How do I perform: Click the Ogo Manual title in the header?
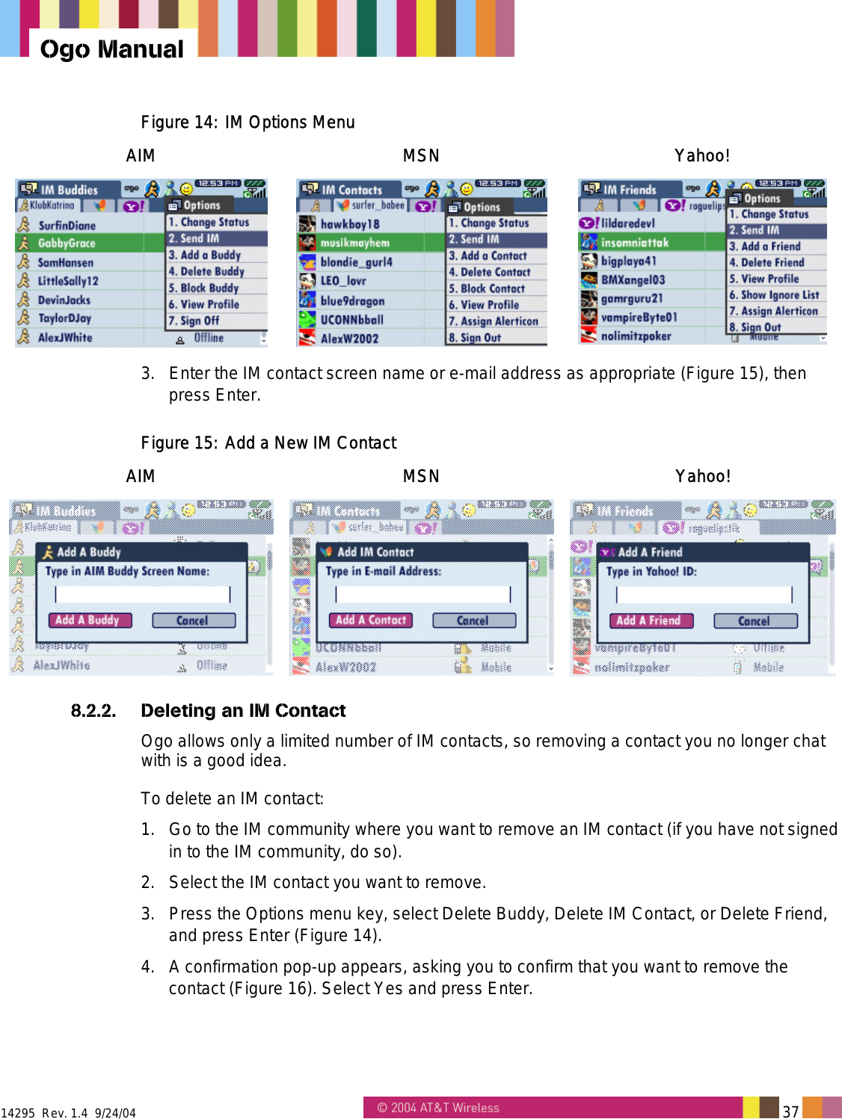[111, 49]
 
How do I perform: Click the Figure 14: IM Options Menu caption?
[248, 122]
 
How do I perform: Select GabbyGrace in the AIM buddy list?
[67, 243]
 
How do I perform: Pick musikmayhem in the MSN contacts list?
[354, 243]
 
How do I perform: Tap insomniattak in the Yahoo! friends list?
[635, 242]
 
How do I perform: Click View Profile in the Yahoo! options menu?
[769, 278]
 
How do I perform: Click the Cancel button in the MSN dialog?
[473, 620]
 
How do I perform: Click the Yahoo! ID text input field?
[704, 594]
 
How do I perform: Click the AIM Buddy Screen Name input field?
[143, 594]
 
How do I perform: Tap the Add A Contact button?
[371, 620]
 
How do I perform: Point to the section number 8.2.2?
[93, 710]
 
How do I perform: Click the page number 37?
[790, 1111]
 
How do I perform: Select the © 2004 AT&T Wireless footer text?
[438, 1108]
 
